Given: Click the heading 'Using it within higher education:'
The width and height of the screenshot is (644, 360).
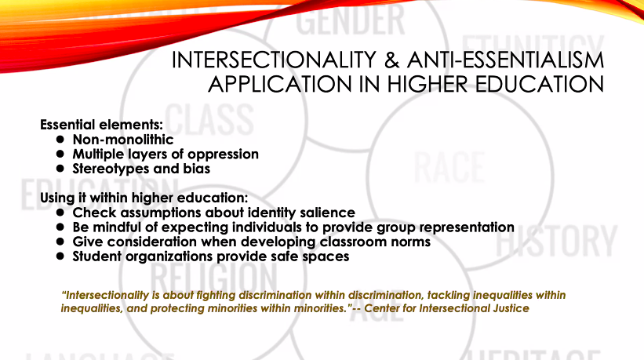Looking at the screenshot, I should coord(144,197).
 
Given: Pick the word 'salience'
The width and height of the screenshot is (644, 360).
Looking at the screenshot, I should coord(326,213).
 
